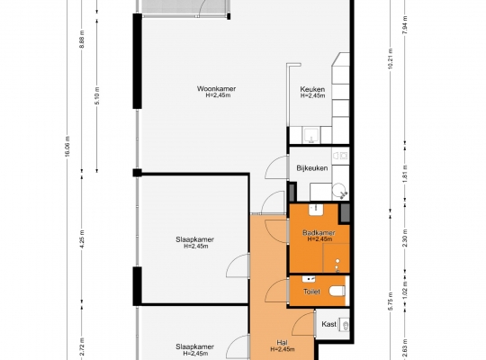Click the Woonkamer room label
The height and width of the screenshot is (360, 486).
(x=216, y=89)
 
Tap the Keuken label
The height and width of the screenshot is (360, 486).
(x=312, y=89)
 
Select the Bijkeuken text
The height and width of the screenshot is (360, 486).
(x=312, y=168)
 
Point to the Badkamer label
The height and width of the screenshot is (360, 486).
(x=319, y=232)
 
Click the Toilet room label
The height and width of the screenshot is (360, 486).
(x=311, y=292)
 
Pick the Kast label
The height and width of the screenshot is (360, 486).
(x=329, y=324)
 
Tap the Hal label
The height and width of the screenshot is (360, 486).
(x=282, y=343)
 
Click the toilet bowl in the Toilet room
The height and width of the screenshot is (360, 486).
(x=337, y=291)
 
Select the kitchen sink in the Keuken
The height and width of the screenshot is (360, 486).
(x=310, y=135)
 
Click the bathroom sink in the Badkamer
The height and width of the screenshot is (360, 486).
(x=316, y=210)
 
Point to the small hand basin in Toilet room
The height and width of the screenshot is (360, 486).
(x=309, y=279)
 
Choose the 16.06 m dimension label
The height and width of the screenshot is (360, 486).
(x=67, y=147)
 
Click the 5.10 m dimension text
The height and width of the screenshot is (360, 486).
(x=97, y=94)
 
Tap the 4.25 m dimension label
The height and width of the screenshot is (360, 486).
(x=82, y=238)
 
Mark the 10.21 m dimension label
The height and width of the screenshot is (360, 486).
(x=391, y=58)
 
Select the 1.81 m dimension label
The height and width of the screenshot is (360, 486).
(x=405, y=174)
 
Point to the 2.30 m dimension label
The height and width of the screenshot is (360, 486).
(x=405, y=238)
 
